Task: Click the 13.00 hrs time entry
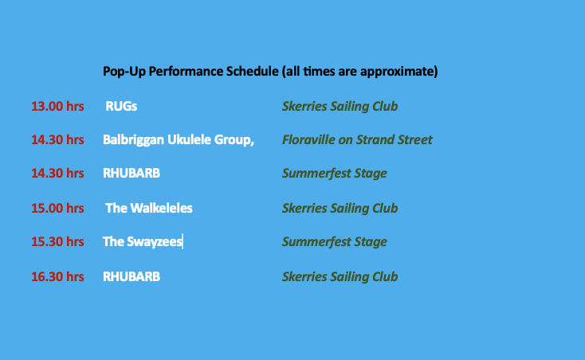(x=57, y=106)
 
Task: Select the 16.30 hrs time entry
(x=57, y=277)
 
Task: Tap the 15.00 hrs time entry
(x=57, y=209)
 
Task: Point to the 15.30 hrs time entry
(x=57, y=242)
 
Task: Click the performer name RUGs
(x=121, y=106)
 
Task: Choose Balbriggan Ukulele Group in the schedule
(x=179, y=140)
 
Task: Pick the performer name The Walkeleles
(x=149, y=209)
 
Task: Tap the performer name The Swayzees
(x=142, y=242)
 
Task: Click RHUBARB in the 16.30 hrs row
(x=132, y=277)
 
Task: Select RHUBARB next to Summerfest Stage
(x=132, y=174)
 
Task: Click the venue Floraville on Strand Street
(x=357, y=139)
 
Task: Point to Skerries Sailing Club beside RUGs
(x=340, y=107)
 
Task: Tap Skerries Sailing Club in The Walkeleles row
(x=340, y=209)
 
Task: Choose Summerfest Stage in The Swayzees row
(x=334, y=242)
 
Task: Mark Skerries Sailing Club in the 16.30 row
(x=340, y=277)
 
